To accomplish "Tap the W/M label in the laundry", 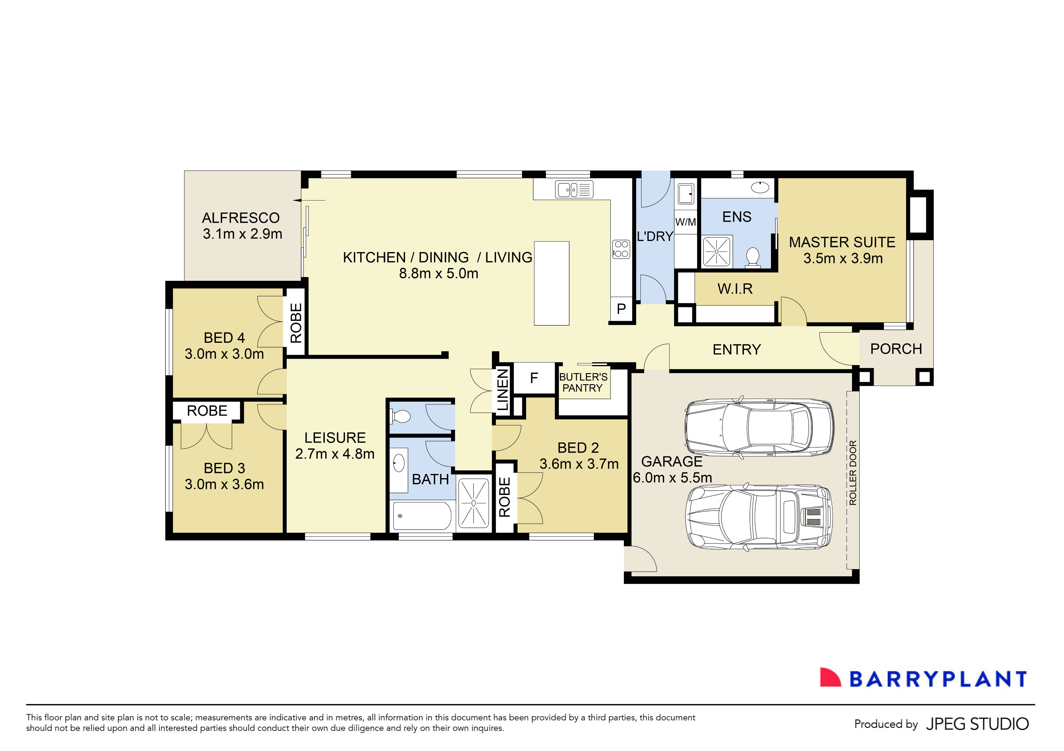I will [x=685, y=222].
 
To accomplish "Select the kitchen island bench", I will [x=552, y=283].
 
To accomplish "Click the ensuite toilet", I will [x=753, y=257].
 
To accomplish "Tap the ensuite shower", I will [x=716, y=251].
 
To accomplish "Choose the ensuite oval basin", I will [x=760, y=187].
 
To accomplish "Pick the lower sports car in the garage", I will [x=759, y=517].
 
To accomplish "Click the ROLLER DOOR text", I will [x=853, y=472].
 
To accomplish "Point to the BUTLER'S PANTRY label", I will [x=583, y=382].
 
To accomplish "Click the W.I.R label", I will [x=735, y=289].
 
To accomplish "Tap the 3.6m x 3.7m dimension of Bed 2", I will [x=579, y=464].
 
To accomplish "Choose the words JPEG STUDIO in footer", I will [x=977, y=724].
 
